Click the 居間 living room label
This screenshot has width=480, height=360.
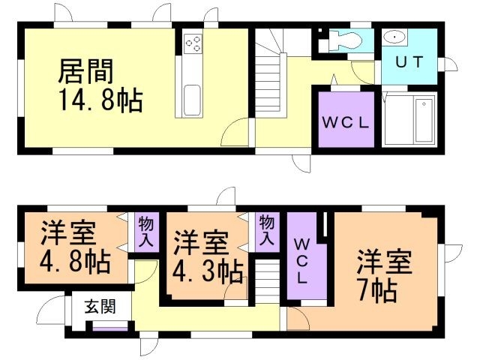coord(85,72)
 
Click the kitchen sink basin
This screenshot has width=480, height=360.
coord(191,98)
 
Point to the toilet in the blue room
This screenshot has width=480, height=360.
coord(343,40)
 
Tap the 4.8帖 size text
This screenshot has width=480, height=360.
coord(76,262)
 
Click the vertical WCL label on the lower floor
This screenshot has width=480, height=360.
coord(301,260)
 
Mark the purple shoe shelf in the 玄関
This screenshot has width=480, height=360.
coord(109,328)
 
